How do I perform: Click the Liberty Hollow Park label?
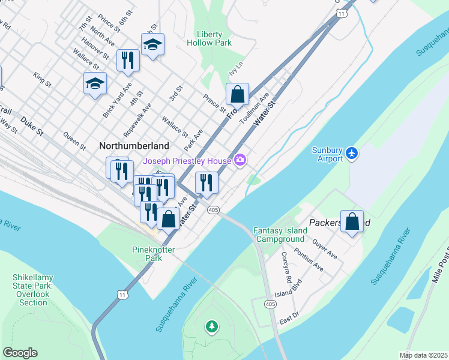point(214,39)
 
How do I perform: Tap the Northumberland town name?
point(134,146)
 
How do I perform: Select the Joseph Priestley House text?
point(187,160)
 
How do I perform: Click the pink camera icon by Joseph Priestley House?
point(240,160)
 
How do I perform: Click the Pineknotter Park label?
point(147,253)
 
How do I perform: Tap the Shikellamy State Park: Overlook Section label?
point(33,290)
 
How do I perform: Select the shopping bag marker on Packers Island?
point(352,221)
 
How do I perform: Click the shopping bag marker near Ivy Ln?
point(237,94)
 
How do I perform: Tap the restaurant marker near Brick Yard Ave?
point(128,60)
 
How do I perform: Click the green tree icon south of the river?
point(211,326)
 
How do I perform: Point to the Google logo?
point(20,353)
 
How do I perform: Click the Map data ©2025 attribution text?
point(423,355)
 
